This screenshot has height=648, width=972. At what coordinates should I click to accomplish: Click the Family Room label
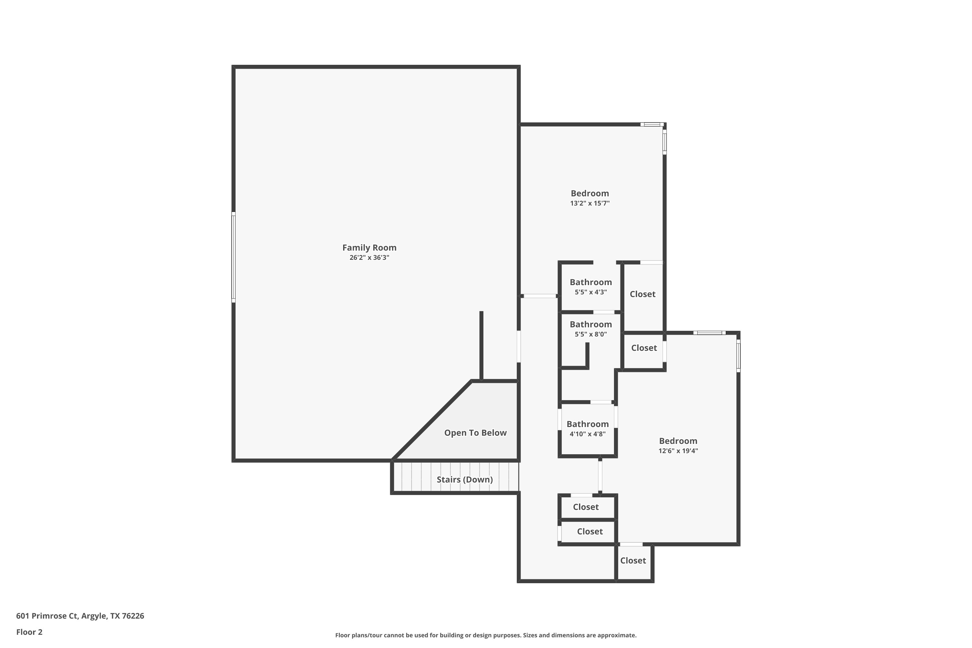pos(369,248)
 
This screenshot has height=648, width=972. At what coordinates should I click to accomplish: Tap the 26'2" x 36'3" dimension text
pos(369,258)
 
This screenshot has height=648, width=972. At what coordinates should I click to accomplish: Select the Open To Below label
pos(475,433)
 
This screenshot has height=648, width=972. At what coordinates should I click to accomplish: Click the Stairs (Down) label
pos(465,480)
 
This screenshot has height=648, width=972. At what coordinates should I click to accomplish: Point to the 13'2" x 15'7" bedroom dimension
pos(590,203)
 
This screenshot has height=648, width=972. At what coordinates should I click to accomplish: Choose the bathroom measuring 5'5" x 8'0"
pos(591,329)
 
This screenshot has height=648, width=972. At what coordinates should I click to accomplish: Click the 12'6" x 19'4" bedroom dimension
pos(678,451)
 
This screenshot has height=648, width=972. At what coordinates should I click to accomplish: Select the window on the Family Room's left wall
pos(234,257)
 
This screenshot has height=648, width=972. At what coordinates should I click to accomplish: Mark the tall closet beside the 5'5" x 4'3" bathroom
pos(642,294)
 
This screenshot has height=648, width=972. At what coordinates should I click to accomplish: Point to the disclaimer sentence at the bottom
pos(486,635)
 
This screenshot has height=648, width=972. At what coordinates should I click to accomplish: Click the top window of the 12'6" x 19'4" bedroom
pos(709,333)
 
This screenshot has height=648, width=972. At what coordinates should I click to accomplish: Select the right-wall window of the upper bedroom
pos(665,142)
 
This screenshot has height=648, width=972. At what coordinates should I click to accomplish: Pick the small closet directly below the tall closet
pos(643,348)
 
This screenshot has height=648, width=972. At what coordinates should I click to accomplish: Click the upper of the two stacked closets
pos(585,507)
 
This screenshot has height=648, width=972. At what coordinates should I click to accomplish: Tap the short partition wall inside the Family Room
pos(481,345)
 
